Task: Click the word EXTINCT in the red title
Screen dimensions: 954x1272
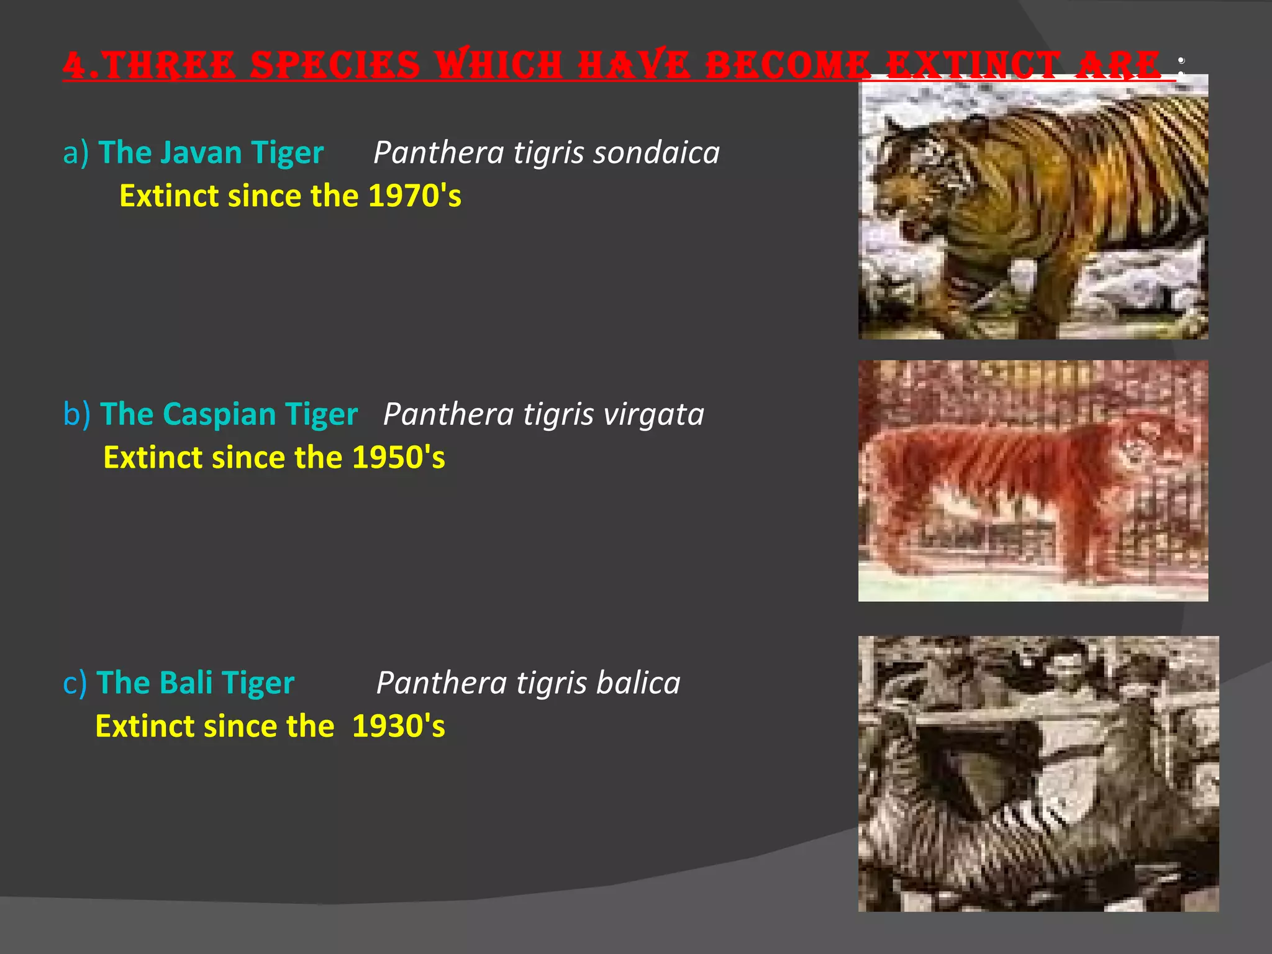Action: [972, 65]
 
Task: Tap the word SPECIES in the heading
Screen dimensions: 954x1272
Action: [336, 65]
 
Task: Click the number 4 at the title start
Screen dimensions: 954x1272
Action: [75, 65]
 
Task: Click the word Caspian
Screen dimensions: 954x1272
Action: [219, 414]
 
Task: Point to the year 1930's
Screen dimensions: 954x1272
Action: [398, 727]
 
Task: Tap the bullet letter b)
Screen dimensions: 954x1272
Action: [76, 414]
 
